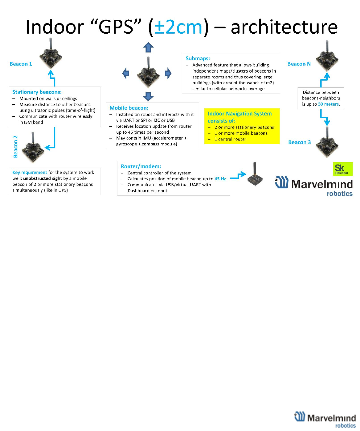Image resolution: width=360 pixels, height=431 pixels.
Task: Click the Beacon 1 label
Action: [x=21, y=64]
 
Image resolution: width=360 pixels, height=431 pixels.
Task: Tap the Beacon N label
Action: [x=299, y=64]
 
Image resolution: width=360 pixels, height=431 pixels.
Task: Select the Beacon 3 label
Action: [x=299, y=142]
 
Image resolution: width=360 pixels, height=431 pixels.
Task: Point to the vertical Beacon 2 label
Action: [x=15, y=147]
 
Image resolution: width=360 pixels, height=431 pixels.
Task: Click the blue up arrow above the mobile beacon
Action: [x=148, y=47]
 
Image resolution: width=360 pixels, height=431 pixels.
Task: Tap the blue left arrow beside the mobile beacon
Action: [x=126, y=73]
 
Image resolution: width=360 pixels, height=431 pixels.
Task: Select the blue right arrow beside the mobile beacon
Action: [x=168, y=73]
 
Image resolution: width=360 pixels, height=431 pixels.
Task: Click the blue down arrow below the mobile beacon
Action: [x=148, y=96]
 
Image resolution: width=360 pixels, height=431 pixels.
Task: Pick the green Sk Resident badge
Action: [x=342, y=169]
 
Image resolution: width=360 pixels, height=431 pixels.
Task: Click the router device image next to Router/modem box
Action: [x=255, y=176]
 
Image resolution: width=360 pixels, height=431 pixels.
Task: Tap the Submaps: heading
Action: [x=198, y=58]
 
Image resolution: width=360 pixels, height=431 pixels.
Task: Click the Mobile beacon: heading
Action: [x=129, y=108]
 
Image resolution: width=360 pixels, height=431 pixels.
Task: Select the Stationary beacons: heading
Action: [x=37, y=92]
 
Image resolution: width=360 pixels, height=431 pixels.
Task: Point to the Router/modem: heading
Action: [x=141, y=166]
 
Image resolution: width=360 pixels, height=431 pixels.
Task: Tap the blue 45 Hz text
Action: [x=220, y=179]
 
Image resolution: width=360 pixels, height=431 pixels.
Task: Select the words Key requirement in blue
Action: [x=30, y=172]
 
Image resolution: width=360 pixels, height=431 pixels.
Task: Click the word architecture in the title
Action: [x=284, y=27]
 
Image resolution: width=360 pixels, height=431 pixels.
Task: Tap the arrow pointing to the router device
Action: [x=238, y=176]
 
